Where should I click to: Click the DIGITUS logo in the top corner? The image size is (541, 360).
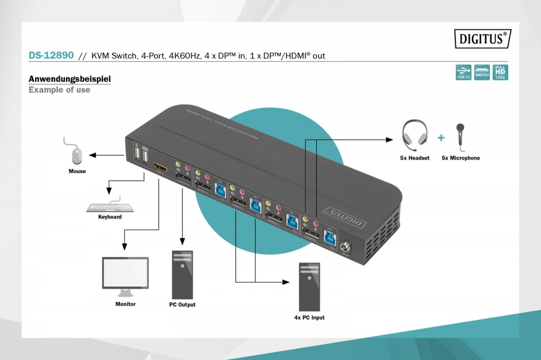(x=482, y=39)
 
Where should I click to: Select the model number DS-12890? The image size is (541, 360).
(x=51, y=55)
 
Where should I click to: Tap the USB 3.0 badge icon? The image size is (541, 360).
(x=463, y=72)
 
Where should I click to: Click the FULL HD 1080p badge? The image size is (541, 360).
(x=500, y=72)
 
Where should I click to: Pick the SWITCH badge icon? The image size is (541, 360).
(x=482, y=72)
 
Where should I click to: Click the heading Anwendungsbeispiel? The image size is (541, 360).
(x=69, y=79)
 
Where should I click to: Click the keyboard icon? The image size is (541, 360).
(x=110, y=208)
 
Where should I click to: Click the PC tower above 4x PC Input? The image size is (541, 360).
(x=309, y=287)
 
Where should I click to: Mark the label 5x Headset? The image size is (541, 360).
(x=414, y=158)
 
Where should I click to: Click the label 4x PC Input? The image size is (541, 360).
(x=309, y=318)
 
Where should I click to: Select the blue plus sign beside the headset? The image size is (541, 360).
(x=441, y=138)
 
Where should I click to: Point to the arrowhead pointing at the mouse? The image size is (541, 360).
(x=92, y=155)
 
